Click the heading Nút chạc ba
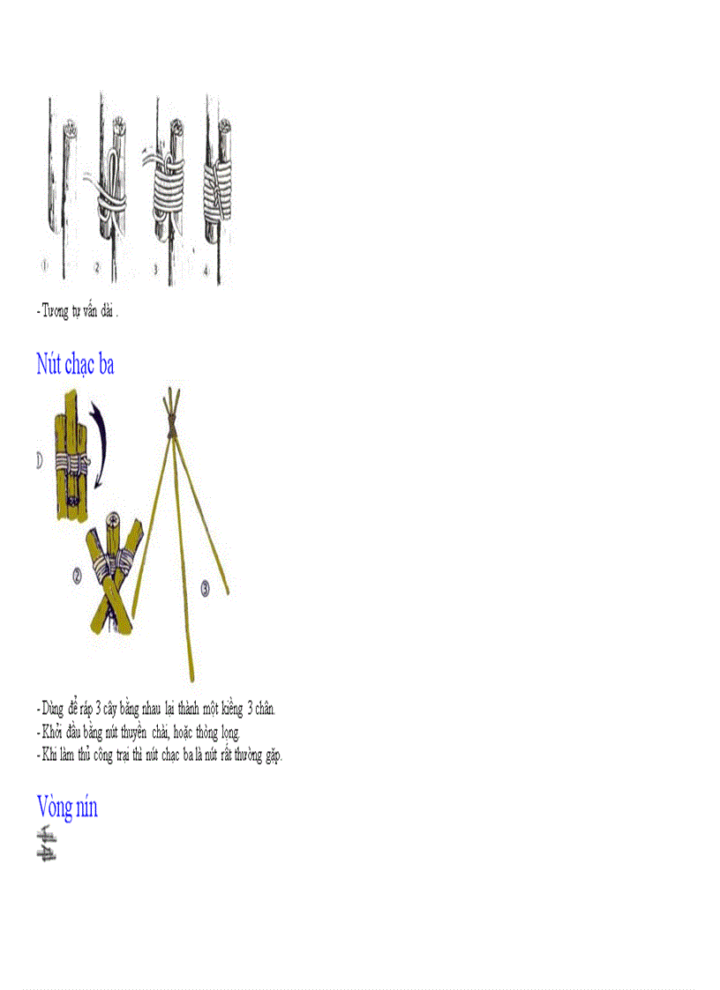[75, 364]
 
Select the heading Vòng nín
[67, 806]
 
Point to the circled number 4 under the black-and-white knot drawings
[206, 272]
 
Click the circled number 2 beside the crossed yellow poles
[78, 576]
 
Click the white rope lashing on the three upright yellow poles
[71, 462]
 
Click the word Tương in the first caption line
[56, 311]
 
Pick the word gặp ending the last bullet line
[271, 756]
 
